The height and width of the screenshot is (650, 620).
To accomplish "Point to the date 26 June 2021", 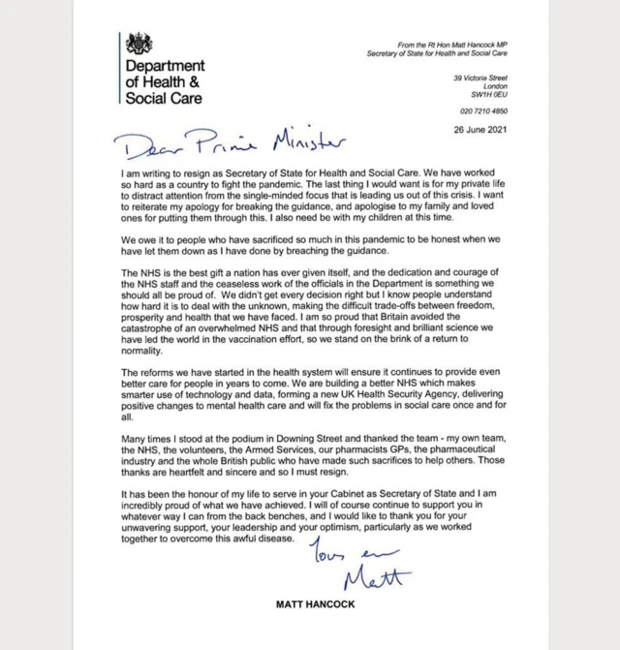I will tap(467, 128).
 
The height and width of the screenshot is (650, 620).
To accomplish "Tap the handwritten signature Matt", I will tap(376, 580).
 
